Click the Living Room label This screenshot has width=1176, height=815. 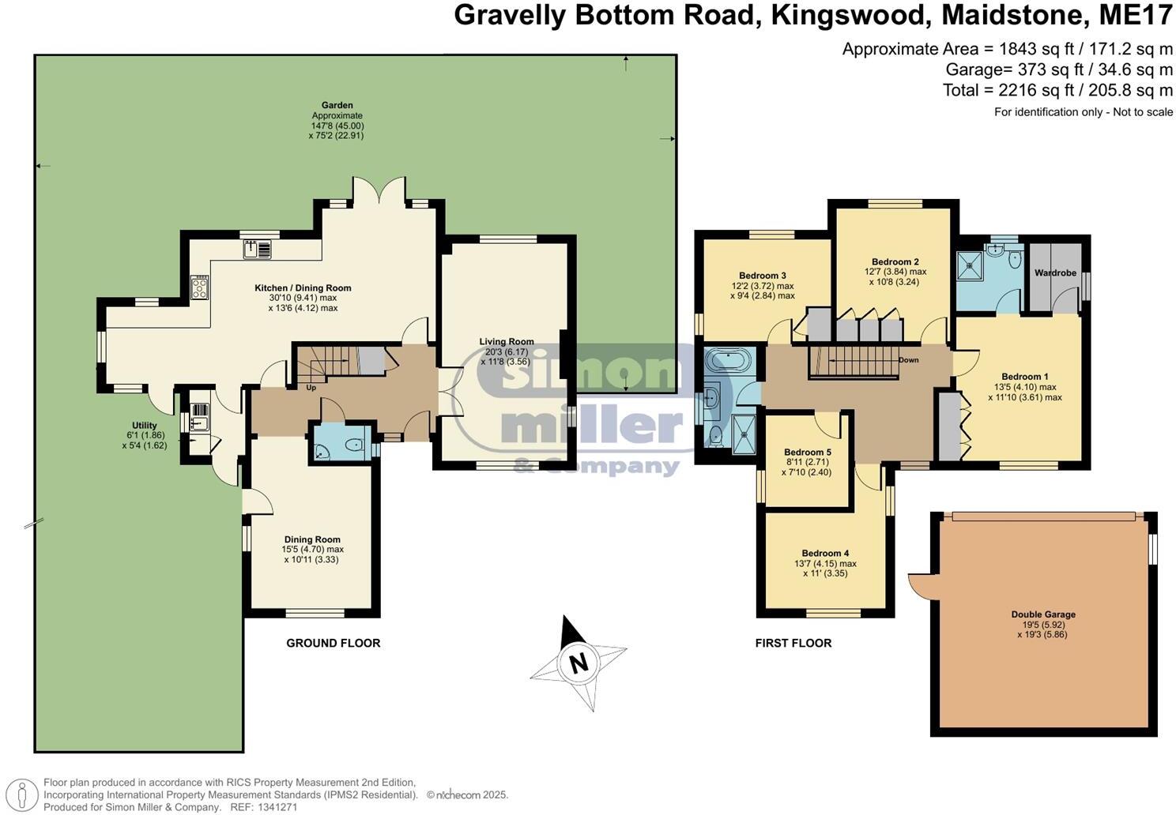(x=507, y=342)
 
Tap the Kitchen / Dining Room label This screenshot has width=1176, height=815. (x=303, y=288)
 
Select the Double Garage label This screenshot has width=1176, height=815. (x=1043, y=614)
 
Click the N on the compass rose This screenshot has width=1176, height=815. (x=579, y=663)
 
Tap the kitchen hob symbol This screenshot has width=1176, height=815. (x=199, y=287)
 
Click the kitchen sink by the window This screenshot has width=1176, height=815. (x=258, y=250)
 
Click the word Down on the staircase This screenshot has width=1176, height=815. (x=908, y=360)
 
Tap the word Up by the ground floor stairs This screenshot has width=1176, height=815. (x=312, y=388)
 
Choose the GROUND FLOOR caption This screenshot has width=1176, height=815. (x=333, y=643)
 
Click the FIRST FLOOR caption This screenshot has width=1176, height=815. (x=793, y=643)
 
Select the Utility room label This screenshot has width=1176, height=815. (x=145, y=426)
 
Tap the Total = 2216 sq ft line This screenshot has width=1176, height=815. (x=1057, y=90)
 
